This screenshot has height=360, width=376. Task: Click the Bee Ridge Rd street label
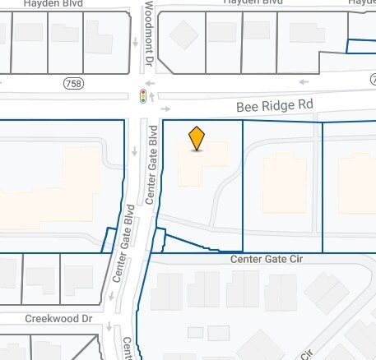275,106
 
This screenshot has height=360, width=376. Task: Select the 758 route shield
72,83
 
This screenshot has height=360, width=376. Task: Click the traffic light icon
143,96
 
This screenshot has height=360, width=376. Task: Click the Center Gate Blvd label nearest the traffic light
151,164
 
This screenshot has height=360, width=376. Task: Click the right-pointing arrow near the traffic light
165,108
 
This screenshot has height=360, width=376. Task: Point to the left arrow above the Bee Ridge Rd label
303,82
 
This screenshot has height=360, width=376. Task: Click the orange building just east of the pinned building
284,182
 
